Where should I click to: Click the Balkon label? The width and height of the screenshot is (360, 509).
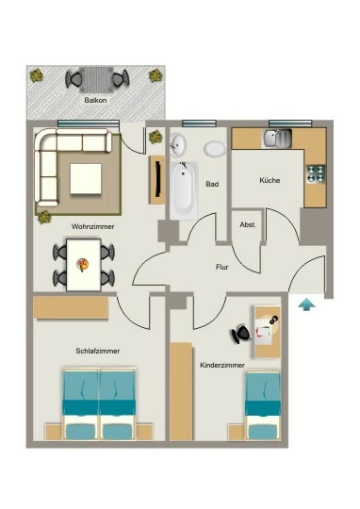tap(95, 100)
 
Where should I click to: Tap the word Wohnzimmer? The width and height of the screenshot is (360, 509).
tap(93, 226)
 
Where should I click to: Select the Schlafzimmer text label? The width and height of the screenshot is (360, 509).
tap(98, 351)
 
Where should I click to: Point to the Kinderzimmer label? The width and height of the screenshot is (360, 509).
tap(222, 365)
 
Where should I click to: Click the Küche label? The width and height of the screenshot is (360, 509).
tap(270, 180)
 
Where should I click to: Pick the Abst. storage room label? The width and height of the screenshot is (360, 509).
tap(248, 224)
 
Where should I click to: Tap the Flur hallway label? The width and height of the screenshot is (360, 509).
tap(222, 267)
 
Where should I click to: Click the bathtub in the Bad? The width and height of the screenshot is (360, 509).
tap(184, 189)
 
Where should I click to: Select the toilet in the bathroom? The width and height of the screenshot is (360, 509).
tap(215, 149)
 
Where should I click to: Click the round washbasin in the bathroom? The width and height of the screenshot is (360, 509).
tap(178, 144)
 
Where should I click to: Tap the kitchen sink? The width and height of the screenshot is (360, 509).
tap(277, 138)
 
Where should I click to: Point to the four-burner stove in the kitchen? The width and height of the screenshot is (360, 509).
tap(316, 174)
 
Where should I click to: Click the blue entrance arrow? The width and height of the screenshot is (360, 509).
tap(307, 304)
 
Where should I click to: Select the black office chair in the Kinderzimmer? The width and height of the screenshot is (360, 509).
tap(241, 334)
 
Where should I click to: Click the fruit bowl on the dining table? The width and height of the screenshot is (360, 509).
tap(83, 265)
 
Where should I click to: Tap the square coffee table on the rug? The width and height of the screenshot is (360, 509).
tap(86, 179)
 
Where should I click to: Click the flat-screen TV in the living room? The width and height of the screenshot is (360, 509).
tap(158, 179)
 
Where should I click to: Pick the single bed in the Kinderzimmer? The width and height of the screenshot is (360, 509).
tap(263, 405)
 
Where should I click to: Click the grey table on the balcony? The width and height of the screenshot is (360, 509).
tap(97, 79)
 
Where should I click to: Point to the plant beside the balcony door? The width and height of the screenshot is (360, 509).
tap(155, 137)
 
